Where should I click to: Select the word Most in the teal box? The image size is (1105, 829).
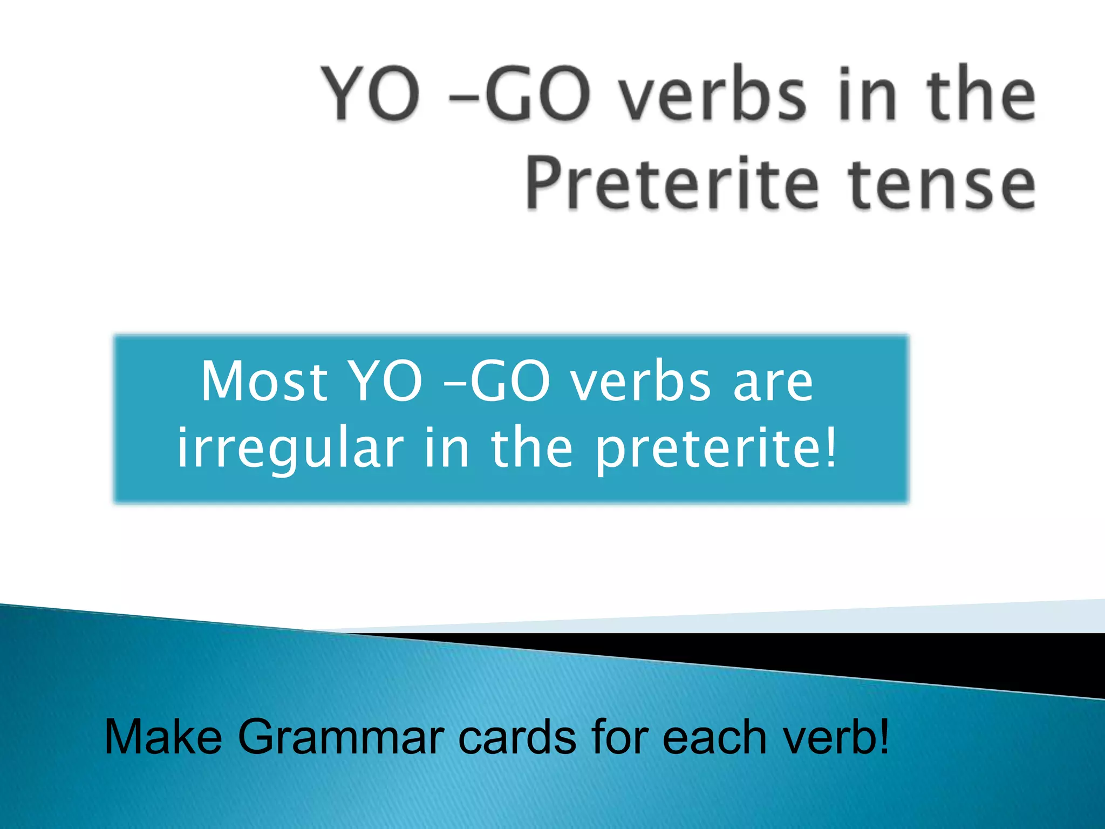click(x=264, y=382)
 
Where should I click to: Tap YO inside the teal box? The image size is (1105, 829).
click(x=384, y=382)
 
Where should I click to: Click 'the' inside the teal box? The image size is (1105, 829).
click(x=531, y=448)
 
